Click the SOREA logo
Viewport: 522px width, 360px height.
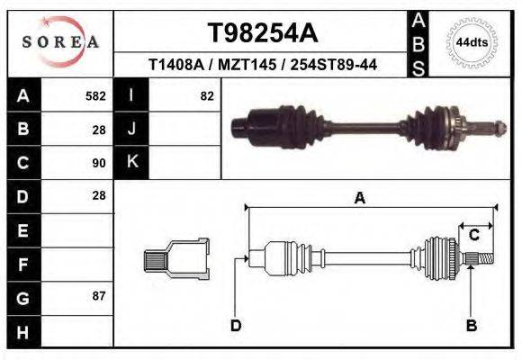(60, 42)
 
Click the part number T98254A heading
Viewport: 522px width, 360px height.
(263, 32)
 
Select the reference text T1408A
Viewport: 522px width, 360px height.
(175, 66)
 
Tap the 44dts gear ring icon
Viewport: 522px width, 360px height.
(471, 42)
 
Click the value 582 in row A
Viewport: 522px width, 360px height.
(95, 95)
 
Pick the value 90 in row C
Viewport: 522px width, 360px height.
(99, 163)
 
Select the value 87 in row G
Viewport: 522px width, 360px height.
(99, 295)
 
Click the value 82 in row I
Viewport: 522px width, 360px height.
(207, 95)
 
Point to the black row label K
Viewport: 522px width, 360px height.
(131, 162)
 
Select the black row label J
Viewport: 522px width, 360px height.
(131, 129)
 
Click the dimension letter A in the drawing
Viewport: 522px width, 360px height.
(359, 199)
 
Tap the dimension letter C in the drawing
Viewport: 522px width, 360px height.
(473, 236)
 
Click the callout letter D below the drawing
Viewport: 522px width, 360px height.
(236, 325)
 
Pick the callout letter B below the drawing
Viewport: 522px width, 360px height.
(470, 325)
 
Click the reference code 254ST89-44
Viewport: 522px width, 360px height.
(337, 66)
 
